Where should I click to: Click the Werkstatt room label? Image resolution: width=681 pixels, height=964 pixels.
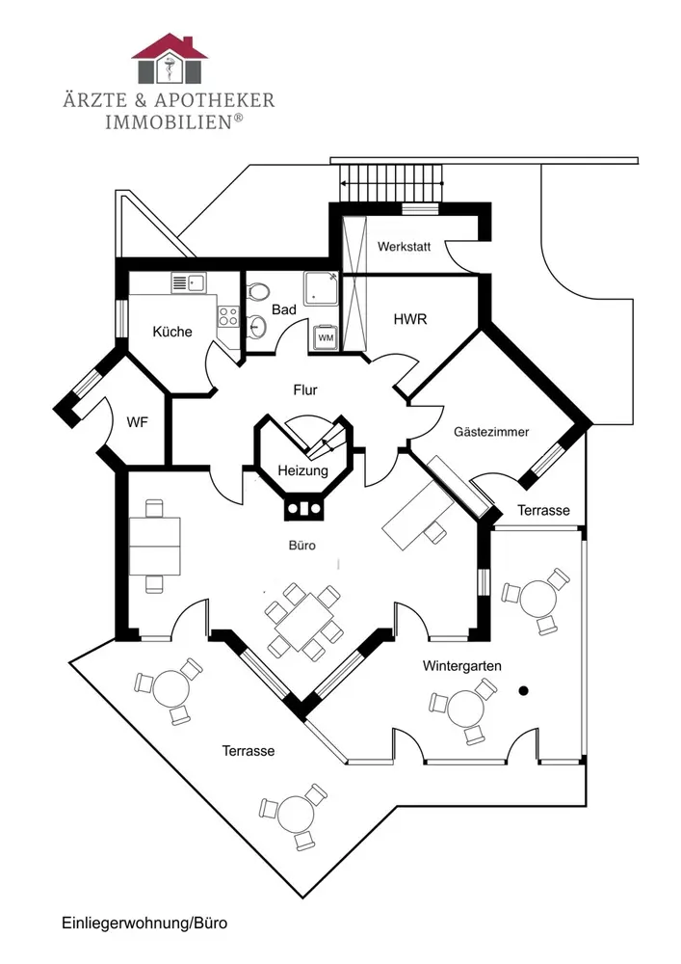coord(404,247)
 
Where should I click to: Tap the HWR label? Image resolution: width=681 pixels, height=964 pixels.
coord(410,319)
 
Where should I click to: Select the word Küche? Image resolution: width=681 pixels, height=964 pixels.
coord(172,332)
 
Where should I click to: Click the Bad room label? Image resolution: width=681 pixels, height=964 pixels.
coord(284,309)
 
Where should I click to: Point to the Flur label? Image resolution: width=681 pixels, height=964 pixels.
coord(305,389)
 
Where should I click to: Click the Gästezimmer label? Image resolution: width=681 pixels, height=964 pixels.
coord(491,432)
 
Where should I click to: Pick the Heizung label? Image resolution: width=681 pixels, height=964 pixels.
coord(302,471)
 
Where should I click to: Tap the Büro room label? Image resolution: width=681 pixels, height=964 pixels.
coord(302,546)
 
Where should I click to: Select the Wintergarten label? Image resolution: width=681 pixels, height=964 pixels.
coord(461,666)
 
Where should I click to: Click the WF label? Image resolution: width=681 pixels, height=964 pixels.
coord(137,422)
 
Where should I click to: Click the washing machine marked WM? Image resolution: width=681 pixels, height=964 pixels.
coord(326,336)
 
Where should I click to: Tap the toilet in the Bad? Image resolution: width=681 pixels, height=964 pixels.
coord(258,291)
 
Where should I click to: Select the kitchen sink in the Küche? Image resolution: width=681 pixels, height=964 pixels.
coord(189,283)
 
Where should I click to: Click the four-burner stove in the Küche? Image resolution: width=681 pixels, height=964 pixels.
coord(228,316)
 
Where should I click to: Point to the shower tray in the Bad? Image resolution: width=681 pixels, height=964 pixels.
coord(321,288)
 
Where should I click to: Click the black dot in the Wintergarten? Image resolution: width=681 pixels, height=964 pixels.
coord(524,690)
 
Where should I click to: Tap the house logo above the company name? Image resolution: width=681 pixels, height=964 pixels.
coord(170,59)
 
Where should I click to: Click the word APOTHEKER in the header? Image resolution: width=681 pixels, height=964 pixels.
coord(214,100)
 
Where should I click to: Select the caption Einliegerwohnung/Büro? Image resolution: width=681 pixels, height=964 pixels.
coord(144,923)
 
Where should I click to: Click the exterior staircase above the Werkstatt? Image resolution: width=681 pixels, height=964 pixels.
coord(391,183)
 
